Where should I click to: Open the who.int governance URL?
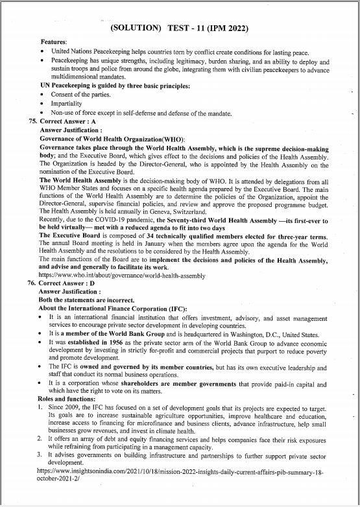(126, 275)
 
